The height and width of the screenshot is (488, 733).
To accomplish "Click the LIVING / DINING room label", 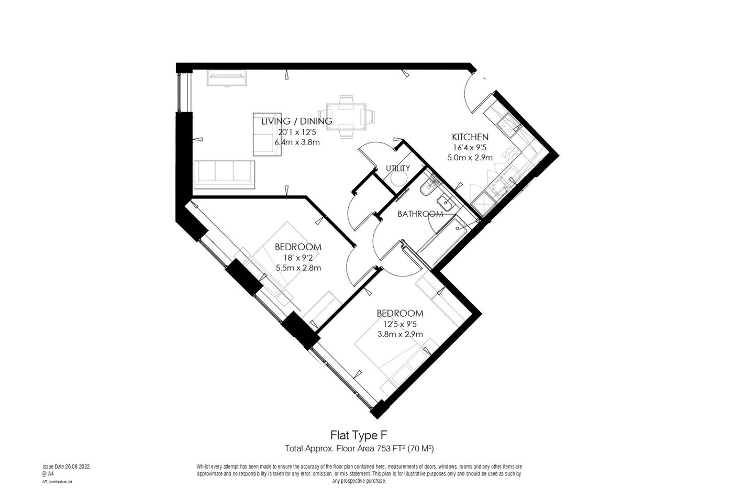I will (296, 121).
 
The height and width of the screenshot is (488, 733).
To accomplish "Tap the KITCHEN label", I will (470, 137).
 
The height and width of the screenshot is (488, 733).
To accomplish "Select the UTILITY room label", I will (397, 168).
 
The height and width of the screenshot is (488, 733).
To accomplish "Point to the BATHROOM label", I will (420, 214).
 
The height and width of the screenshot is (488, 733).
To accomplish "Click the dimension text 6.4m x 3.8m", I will (296, 142).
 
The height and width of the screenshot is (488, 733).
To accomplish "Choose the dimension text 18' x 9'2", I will (298, 258).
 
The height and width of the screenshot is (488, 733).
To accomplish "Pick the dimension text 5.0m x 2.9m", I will (470, 157).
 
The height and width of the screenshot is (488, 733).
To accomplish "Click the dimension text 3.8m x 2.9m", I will (400, 334).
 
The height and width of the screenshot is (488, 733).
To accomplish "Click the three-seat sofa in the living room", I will (224, 174).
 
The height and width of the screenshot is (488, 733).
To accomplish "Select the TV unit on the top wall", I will (227, 77).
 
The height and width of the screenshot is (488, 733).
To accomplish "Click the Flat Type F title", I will (359, 435).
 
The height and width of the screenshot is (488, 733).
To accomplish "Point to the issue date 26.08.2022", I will (69, 466).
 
